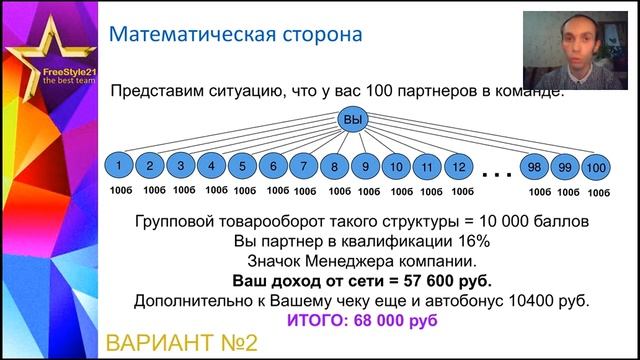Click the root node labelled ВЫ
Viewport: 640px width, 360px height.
click(351, 121)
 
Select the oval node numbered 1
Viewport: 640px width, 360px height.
click(118, 165)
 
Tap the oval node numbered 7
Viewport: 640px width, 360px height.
click(303, 165)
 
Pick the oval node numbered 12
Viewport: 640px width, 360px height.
click(458, 165)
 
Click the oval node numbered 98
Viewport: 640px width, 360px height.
click(537, 166)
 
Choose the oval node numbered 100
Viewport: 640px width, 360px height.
click(596, 166)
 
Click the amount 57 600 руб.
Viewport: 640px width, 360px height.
click(419, 281)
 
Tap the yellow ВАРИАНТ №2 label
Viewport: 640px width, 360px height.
click(182, 343)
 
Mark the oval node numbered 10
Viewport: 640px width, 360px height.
click(397, 165)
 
